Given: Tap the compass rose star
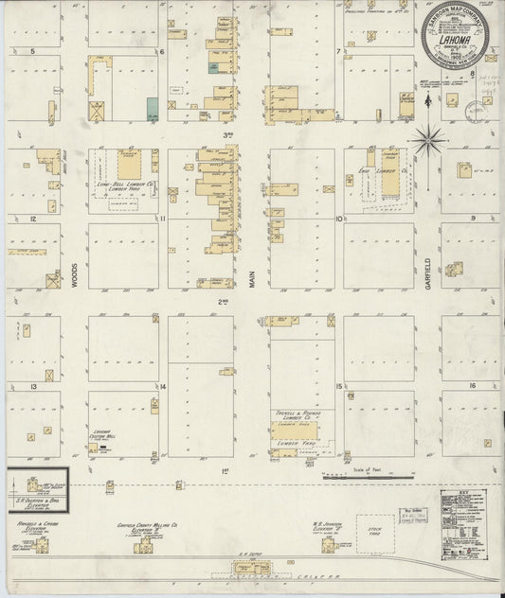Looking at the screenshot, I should (430, 140).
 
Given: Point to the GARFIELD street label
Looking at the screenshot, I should (428, 273).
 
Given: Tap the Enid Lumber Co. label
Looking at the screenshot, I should (385, 172).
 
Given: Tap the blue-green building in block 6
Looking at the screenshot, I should (152, 109).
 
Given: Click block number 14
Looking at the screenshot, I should (163, 387).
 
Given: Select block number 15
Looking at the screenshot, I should (338, 387).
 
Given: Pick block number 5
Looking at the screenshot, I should (34, 50).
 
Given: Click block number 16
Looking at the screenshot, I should (472, 387).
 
